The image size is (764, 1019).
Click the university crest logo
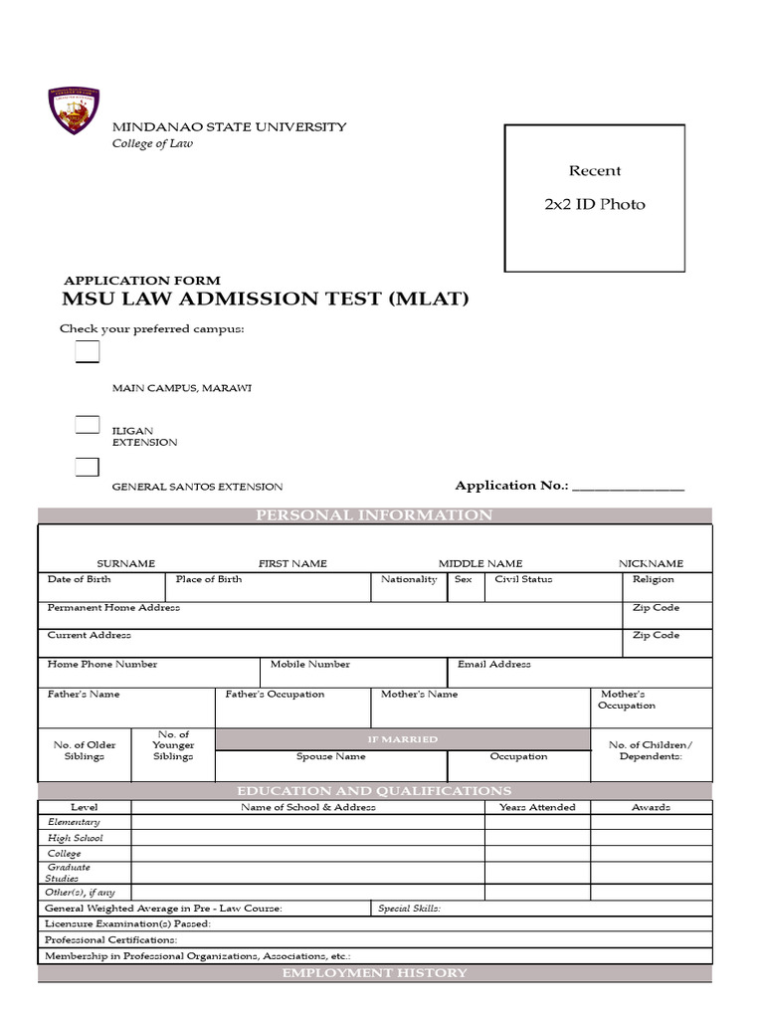click(74, 111)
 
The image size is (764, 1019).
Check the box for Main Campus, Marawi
click(88, 352)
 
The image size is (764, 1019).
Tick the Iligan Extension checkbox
click(88, 425)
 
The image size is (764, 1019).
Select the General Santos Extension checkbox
click(88, 467)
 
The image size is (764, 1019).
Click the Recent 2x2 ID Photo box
click(594, 197)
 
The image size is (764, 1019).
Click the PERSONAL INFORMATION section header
click(374, 515)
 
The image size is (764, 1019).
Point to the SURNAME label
click(125, 563)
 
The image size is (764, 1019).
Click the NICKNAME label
click(651, 563)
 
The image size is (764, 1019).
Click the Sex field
click(464, 588)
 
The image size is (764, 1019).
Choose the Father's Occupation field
click(292, 707)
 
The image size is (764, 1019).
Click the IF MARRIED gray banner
click(402, 739)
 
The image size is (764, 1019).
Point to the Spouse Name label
click(331, 756)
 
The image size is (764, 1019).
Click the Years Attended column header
click(537, 807)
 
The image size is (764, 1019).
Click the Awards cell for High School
click(651, 838)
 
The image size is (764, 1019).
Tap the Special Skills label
click(409, 908)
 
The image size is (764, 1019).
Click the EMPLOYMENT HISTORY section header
click(374, 973)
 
